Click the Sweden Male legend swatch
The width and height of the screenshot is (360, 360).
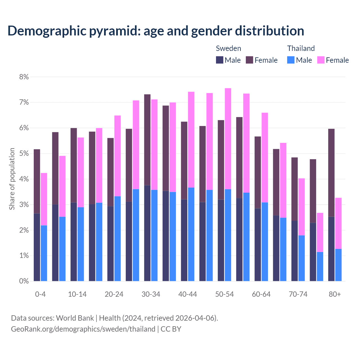coord(220,60)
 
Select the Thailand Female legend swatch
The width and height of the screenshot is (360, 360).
coord(321,60)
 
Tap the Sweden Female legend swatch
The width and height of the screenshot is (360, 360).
coord(249,60)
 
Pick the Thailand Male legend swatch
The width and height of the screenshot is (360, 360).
coord(291,60)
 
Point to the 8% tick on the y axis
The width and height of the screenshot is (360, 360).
coord(24,77)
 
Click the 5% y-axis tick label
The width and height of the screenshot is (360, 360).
coord(24,154)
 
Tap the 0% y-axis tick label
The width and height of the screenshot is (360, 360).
coord(24,281)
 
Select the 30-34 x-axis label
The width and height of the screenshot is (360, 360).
coord(151,294)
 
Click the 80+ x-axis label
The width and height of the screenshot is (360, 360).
coord(335,294)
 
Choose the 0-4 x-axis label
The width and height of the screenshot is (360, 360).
coord(40,294)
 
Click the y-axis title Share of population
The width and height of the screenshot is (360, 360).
coord(12,179)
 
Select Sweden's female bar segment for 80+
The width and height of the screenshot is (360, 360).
coord(331,173)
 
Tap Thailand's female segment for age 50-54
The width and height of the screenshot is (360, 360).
coord(228,139)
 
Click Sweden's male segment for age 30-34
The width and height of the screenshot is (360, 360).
coord(147,233)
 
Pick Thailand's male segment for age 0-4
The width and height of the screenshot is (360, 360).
coord(44,253)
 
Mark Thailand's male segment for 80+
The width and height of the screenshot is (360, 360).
coord(338,265)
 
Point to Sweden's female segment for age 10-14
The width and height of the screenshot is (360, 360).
coord(74,165)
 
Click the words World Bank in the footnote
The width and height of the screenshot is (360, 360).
coord(75,318)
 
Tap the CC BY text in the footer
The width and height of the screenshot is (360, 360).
coord(171,329)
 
